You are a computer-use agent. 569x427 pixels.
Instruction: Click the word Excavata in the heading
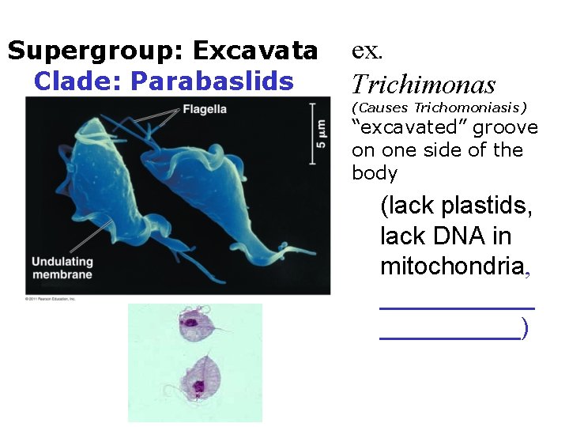point(255,51)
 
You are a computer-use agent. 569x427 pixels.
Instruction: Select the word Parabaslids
point(212,81)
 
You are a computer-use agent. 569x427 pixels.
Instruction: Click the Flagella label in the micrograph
point(205,109)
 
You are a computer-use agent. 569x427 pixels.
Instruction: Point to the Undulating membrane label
point(62,268)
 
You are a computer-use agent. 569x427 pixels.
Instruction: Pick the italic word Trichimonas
point(424,85)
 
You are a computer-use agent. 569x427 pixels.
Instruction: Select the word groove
point(505,127)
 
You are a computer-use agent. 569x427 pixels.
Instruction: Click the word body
point(375,173)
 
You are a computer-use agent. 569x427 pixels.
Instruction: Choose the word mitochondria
point(451,266)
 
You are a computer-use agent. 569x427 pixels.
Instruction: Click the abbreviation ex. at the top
point(367,51)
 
